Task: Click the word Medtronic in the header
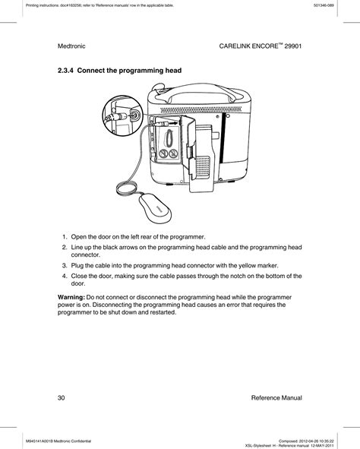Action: (x=74, y=46)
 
